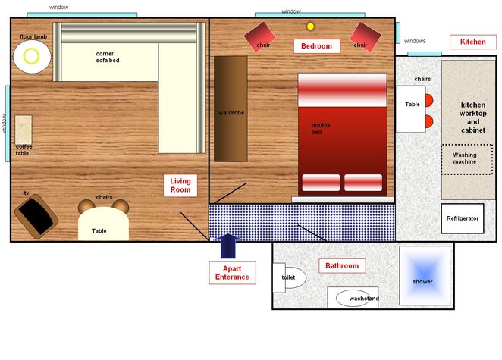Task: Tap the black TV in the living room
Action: pos(36,216)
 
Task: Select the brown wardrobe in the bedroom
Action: pos(231,109)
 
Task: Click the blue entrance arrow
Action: pos(228,246)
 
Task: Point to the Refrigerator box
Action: pos(463,218)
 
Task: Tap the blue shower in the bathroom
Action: pos(425,275)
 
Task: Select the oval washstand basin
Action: pos(353,299)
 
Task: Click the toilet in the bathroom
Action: pos(289,277)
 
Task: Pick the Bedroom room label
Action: pos(317,46)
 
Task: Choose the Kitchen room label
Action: pos(473,42)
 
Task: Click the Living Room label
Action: pos(180,185)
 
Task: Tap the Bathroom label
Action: pos(342,265)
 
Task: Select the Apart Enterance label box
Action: pos(232,273)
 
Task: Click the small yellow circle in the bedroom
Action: pos(310,27)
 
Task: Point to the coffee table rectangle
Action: pos(24,130)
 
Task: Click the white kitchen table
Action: pos(411,109)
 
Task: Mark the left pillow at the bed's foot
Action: pos(321,183)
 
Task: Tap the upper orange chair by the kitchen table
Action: pos(429,100)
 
